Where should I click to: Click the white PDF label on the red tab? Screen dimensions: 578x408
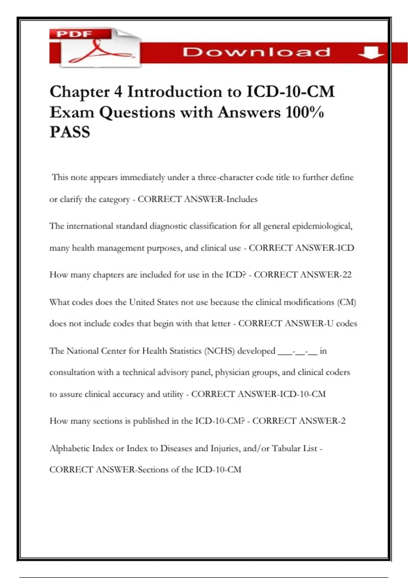point(74,34)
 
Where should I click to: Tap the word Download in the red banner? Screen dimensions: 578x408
point(256,52)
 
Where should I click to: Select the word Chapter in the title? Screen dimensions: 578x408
point(80,92)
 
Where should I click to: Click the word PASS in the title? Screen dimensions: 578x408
point(70,132)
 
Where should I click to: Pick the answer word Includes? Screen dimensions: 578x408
point(242,199)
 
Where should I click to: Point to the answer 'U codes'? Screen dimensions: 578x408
point(342,323)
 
